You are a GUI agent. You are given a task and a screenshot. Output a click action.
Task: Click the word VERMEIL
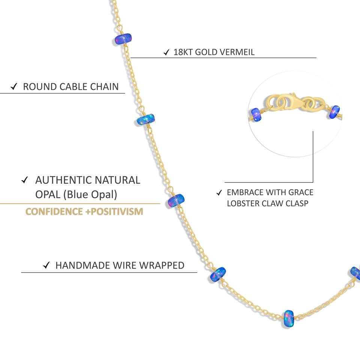tap(237, 52)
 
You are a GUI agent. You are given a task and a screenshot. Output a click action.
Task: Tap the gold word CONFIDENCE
tap(54, 211)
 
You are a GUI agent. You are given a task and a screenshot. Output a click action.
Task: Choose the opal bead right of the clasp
tap(334, 111)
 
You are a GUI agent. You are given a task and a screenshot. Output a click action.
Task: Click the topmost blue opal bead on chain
tap(123, 39)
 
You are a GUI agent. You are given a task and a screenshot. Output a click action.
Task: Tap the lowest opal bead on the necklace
tap(288, 318)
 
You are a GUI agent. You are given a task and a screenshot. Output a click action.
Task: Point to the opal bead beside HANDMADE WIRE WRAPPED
tap(217, 275)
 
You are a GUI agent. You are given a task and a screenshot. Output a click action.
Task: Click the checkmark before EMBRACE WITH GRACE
tap(219, 193)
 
